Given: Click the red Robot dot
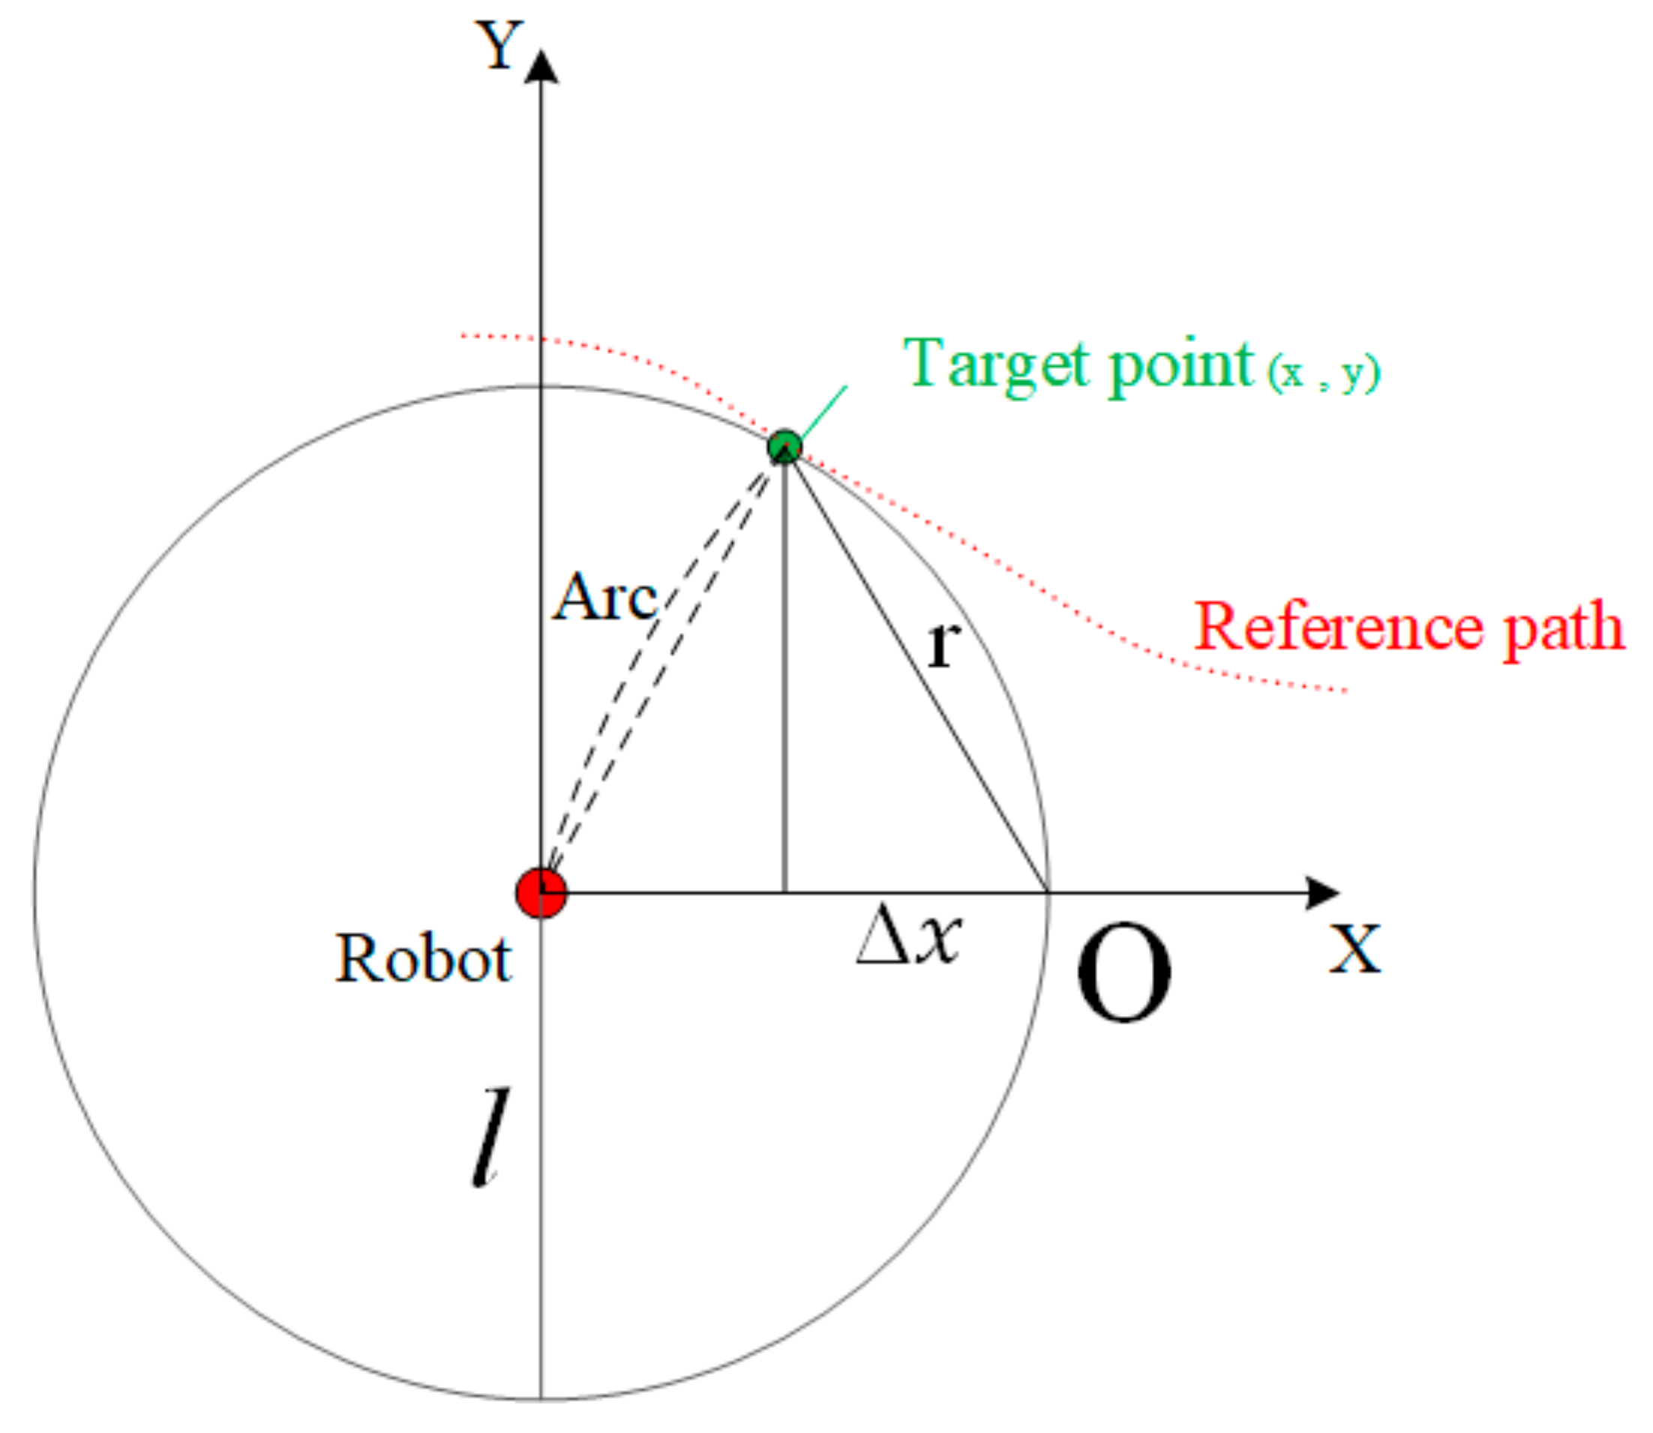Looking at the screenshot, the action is point(541,892).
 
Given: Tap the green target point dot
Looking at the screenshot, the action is point(784,445).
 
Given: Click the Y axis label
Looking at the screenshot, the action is point(499,46).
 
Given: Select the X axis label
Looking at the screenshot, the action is point(1354,949).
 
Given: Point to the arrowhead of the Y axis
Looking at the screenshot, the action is point(541,67).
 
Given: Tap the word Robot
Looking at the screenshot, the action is point(422,958).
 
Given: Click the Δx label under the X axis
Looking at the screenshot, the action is point(908,936).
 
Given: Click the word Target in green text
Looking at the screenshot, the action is point(997,364).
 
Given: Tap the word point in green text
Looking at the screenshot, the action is point(1180,366).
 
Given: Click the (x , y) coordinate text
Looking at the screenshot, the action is point(1324,373).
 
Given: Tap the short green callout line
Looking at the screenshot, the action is point(823,411).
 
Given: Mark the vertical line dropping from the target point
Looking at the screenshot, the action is point(784,679).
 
